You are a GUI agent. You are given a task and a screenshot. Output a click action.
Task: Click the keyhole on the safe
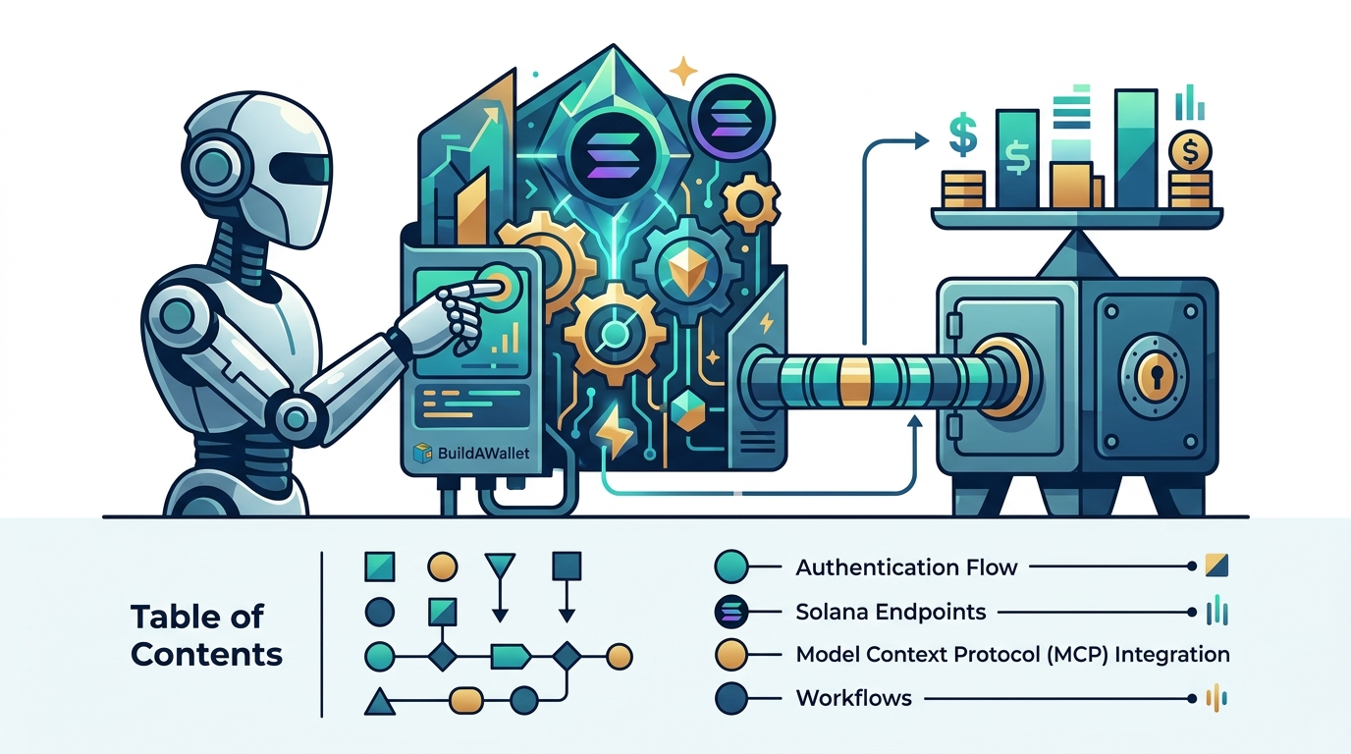coord(1158,375)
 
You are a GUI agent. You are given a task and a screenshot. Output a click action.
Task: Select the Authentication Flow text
coord(906,567)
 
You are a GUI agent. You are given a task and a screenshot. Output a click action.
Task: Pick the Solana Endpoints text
coord(891,613)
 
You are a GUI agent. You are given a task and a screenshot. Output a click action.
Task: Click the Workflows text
coord(854,698)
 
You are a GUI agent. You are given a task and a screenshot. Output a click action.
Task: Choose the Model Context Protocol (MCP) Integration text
coord(1012,655)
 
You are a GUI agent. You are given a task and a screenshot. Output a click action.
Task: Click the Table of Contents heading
coord(206,635)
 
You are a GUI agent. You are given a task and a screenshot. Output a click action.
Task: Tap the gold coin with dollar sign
coord(1189,151)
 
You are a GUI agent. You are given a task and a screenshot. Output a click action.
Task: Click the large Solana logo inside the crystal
coord(613,151)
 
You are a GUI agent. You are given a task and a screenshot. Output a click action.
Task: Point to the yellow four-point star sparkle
coord(683,71)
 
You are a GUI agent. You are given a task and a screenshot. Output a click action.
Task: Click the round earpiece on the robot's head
coord(213,164)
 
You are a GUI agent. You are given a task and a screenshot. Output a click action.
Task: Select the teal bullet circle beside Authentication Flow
coord(731,566)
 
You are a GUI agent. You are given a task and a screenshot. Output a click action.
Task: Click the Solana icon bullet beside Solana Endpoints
coord(731,612)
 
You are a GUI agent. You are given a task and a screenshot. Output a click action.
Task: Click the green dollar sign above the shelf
coord(962,134)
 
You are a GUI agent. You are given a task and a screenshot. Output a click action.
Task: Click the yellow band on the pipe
coord(854,380)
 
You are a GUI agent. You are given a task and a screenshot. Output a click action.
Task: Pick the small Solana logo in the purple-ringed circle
coord(731,118)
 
